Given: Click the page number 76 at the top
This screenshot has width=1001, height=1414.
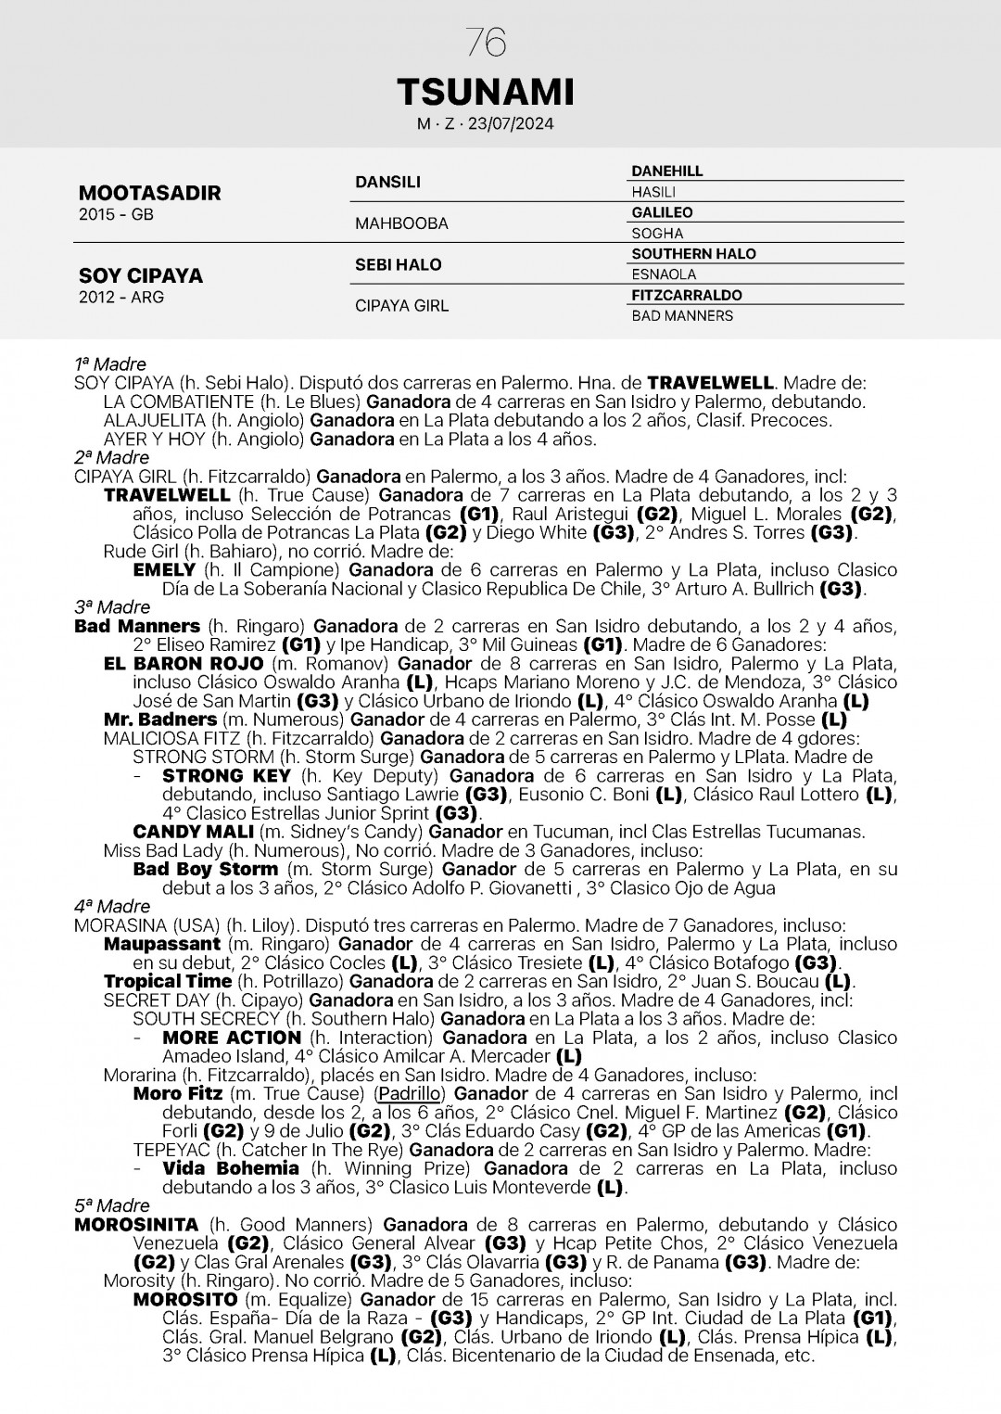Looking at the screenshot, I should (x=486, y=43).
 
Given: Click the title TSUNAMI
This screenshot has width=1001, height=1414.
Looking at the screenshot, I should (x=486, y=92).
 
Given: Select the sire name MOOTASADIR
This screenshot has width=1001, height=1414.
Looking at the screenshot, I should (x=149, y=193).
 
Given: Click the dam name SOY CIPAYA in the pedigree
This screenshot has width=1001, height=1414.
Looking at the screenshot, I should (x=140, y=275).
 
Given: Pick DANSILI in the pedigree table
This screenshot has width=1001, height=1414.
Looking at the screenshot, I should (x=387, y=182).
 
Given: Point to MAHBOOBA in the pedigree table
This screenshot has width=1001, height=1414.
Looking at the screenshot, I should (x=400, y=223).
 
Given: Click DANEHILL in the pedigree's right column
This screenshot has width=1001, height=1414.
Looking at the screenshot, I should (x=666, y=172).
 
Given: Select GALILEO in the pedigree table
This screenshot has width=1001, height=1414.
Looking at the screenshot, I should (x=662, y=212).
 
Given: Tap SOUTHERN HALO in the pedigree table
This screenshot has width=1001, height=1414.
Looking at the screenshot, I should (x=693, y=254).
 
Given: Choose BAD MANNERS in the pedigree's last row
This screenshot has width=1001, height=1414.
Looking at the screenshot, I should (x=681, y=316).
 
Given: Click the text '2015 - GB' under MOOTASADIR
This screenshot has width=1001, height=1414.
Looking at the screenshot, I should (x=116, y=215).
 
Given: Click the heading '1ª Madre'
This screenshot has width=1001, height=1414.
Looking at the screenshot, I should (x=109, y=364).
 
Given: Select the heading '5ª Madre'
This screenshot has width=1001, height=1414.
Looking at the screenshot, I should (x=111, y=1205).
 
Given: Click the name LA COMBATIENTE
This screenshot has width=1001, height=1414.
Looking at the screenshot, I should (x=179, y=401).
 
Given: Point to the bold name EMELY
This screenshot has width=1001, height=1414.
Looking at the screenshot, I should (x=164, y=569).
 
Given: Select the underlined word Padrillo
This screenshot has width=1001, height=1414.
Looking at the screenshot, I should (x=409, y=1094).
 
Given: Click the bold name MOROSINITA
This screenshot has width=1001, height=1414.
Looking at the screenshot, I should (x=135, y=1225).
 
